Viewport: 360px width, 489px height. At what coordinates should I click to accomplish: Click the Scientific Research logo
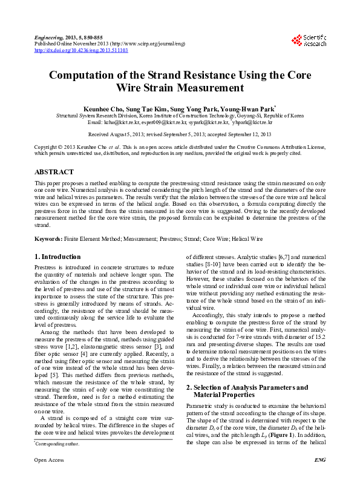coord(309,41)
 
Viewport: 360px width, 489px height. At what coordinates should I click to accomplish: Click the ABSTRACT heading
coord(54,172)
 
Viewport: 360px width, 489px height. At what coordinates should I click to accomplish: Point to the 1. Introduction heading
coord(59,256)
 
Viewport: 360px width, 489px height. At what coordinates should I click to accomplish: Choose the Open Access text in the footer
coord(49,477)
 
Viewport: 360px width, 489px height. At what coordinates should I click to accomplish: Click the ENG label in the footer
coord(320,477)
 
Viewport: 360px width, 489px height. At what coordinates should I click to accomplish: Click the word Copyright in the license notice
coord(47,147)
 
